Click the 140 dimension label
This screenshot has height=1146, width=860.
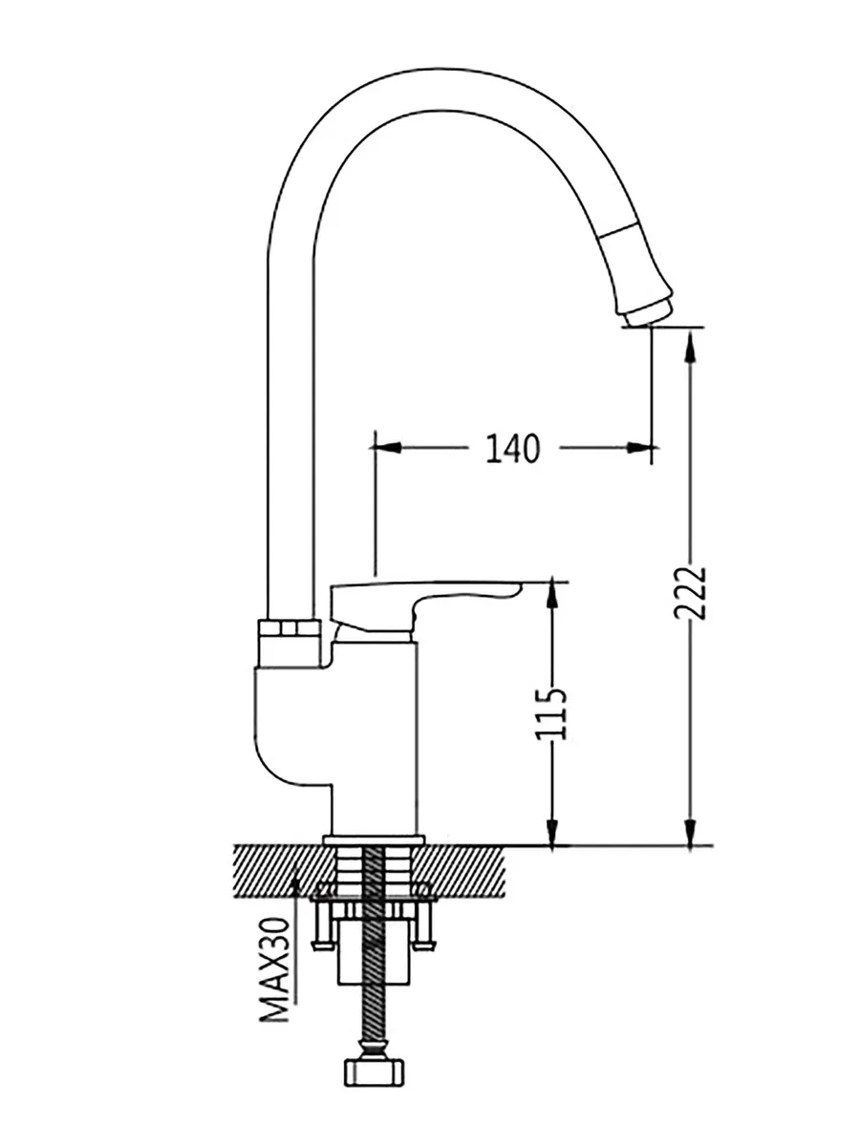click(512, 448)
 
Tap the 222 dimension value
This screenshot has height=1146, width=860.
click(690, 593)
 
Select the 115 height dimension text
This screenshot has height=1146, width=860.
click(550, 714)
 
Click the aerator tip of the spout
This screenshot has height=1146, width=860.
click(647, 312)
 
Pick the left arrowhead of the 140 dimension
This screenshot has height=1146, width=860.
click(385, 448)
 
